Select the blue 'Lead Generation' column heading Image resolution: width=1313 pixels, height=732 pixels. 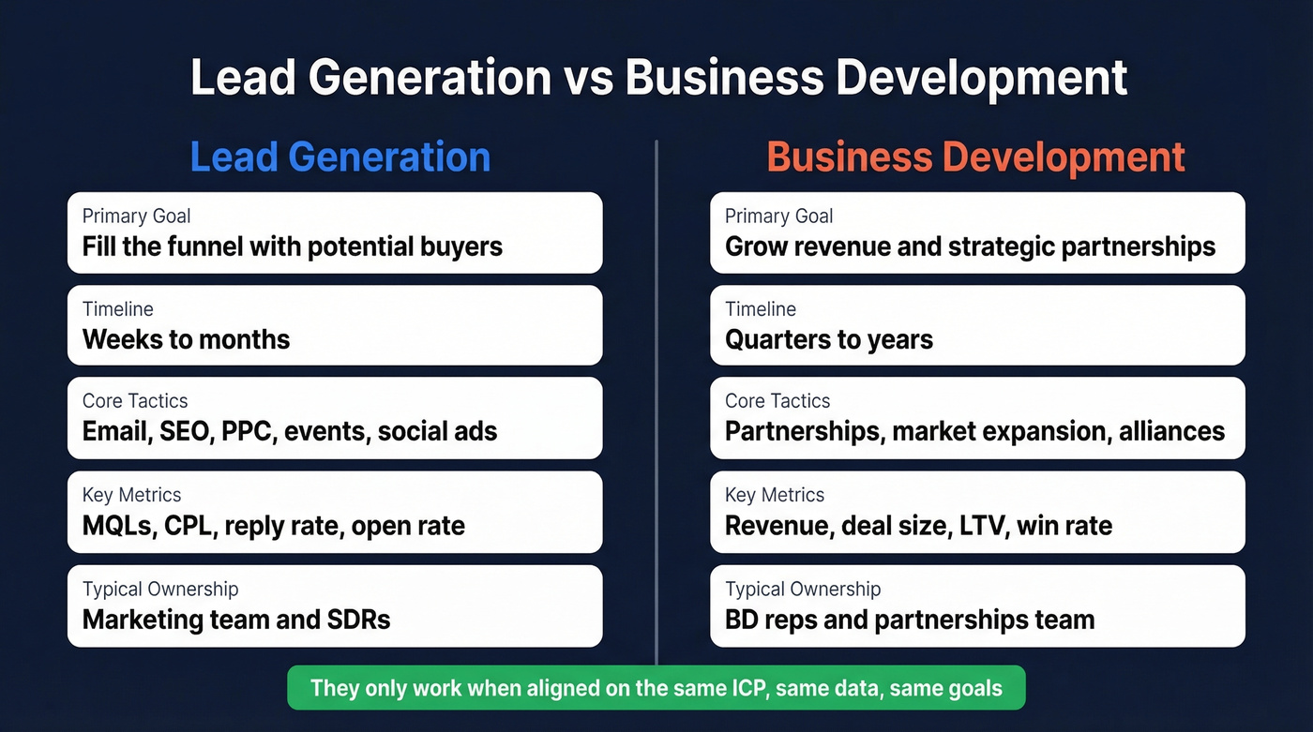340,157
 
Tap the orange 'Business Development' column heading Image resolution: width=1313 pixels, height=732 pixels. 976,157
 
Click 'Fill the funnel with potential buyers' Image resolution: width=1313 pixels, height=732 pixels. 293,246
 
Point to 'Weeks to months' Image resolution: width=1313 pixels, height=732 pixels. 186,338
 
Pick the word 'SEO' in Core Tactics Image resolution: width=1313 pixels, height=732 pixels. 179,431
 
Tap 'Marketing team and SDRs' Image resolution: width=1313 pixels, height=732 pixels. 236,620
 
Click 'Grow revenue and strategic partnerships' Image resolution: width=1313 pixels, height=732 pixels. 970,246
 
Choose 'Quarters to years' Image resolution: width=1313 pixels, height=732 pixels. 829,338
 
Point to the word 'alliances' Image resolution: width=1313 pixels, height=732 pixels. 1171,431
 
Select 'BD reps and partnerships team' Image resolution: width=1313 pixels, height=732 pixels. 910,620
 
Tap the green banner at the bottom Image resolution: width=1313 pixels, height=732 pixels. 656,688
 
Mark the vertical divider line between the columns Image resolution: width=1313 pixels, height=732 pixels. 656,403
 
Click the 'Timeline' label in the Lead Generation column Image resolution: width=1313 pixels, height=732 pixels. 117,308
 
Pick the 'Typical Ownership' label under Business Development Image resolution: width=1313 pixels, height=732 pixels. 803,589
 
